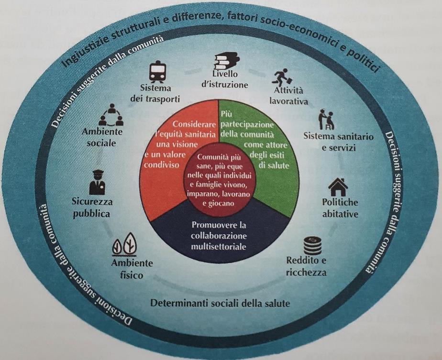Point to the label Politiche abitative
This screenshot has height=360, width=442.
tap(340, 207)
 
